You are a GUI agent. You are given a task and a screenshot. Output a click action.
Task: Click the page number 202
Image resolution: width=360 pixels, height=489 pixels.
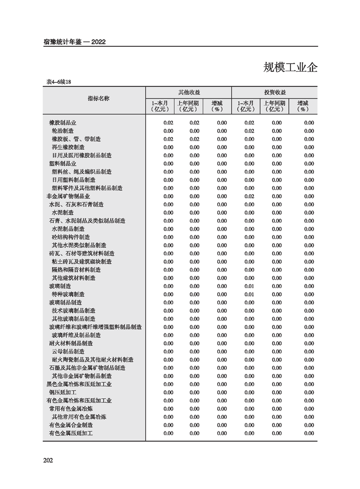[48, 460]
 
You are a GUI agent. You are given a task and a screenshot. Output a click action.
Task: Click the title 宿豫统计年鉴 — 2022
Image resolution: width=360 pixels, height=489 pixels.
[74, 42]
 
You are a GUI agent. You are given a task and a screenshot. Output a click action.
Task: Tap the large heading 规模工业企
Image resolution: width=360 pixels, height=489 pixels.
[290, 68]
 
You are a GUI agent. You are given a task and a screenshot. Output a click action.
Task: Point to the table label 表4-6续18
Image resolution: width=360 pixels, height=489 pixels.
[59, 82]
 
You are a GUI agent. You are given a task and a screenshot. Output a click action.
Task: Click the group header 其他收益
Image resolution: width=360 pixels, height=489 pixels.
[188, 92]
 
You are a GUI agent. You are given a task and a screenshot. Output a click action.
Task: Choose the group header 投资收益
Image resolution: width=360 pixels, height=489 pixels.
[275, 92]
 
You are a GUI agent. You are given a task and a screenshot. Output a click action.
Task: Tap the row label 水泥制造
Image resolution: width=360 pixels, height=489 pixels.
[62, 212]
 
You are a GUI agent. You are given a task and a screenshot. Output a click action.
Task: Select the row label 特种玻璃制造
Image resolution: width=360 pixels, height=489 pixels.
[68, 294]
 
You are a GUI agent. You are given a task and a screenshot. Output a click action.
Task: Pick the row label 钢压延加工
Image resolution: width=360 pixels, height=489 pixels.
[62, 392]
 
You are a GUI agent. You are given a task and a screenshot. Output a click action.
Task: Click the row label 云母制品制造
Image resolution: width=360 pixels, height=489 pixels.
[68, 351]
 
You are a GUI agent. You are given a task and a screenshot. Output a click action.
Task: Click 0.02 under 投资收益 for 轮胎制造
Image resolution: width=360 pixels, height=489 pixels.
[249, 131]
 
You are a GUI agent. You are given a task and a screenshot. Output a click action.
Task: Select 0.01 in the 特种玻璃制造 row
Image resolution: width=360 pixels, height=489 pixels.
[249, 294]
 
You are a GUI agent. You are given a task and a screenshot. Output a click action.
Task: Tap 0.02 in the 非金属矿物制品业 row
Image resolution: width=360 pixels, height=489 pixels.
[249, 196]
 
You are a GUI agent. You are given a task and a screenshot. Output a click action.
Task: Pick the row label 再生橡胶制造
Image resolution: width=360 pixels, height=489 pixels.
[68, 147]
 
